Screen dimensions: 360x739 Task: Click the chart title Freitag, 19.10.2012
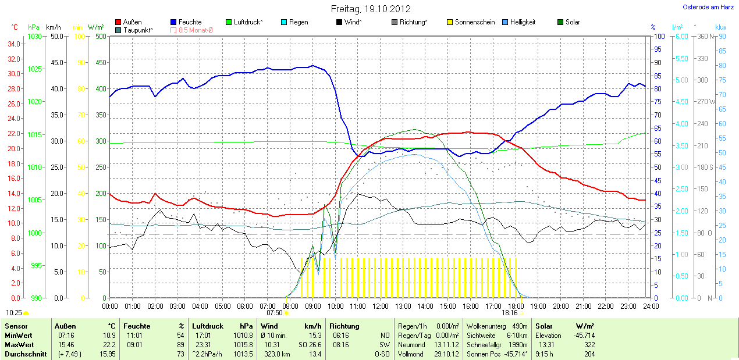point(371,9)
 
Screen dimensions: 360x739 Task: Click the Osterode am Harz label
point(708,7)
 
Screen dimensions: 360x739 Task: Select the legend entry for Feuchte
point(190,22)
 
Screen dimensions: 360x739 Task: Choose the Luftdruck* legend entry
point(248,22)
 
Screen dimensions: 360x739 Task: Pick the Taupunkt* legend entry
point(138,30)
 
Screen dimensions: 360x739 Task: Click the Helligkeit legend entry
point(523,22)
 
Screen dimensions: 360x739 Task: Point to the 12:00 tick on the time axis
point(380,306)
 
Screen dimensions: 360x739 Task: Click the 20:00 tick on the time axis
point(560,306)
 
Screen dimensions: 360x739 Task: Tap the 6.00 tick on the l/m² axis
point(680,37)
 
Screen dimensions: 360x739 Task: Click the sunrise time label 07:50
point(274,313)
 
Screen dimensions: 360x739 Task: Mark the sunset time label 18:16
point(509,313)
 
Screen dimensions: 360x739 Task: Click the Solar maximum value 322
point(589,345)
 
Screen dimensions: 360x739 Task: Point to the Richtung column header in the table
point(344,326)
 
